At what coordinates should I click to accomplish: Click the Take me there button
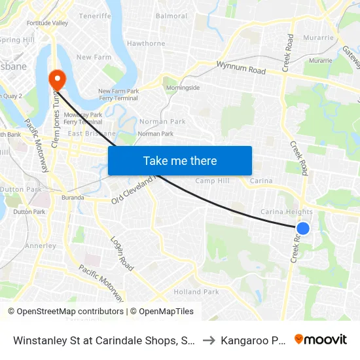point(180,160)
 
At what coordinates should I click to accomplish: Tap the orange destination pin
point(58,80)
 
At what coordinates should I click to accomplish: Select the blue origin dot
point(303,228)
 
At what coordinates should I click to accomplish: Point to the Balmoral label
point(171,16)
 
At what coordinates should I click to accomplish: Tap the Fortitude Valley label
point(47,23)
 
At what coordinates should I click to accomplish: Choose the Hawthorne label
point(146,44)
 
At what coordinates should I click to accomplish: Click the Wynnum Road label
point(241,67)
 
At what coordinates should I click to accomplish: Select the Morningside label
point(183,87)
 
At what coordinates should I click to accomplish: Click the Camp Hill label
point(212,181)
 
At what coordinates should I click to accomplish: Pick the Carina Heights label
point(287,212)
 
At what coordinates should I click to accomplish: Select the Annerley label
point(41,246)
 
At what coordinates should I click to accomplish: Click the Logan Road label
point(122,254)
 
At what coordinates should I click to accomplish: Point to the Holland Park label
point(196,292)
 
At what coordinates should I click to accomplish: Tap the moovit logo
point(321,340)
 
